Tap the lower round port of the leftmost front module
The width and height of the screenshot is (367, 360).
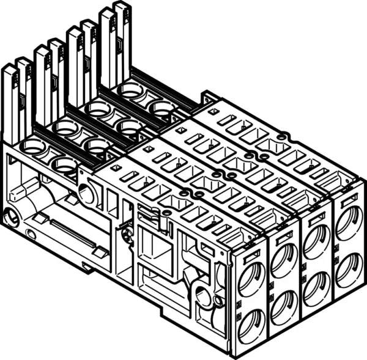(x=251, y=325)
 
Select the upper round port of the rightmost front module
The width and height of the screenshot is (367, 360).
(x=349, y=222)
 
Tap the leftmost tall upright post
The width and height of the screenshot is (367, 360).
(x=11, y=104)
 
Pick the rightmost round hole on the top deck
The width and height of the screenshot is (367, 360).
(x=163, y=108)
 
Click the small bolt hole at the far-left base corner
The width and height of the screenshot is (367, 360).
(x=10, y=216)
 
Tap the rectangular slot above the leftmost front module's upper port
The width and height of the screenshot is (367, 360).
(x=251, y=251)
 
